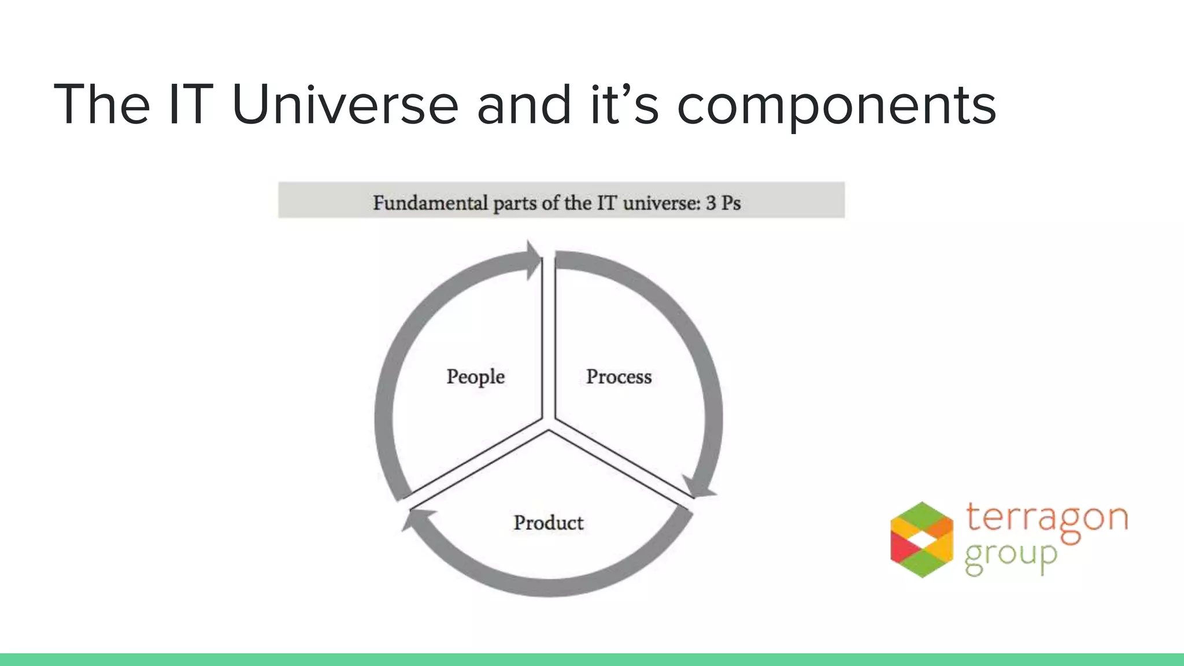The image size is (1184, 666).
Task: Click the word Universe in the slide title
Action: coord(345,105)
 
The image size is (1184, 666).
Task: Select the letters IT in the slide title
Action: coord(190,105)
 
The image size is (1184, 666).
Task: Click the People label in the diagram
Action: coord(475,377)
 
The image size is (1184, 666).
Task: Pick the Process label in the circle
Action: coord(619,377)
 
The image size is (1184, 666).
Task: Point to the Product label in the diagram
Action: coord(548,523)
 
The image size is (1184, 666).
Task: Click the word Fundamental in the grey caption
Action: coord(430,203)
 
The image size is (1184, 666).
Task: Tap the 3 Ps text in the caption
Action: coord(723,203)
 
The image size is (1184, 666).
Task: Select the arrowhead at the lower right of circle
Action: coord(698,487)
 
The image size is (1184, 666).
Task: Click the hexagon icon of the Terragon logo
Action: coord(922,539)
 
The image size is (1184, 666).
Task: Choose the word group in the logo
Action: coord(1010,556)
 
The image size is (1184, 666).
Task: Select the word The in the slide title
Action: coord(102,105)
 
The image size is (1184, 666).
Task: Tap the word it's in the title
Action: coord(624,105)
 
